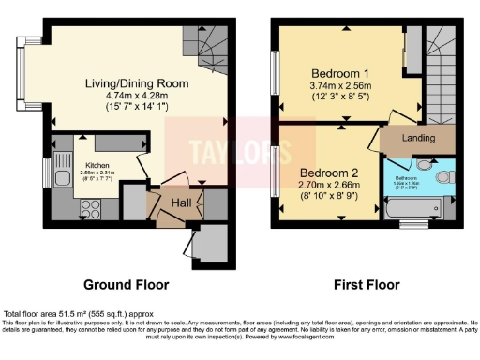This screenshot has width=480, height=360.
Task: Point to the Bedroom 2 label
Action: pos(330,172)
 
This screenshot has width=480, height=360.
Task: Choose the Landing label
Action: pos(418,138)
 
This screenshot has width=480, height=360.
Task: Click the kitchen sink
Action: pos(63,176)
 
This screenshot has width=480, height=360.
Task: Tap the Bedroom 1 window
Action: pos(276,70)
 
